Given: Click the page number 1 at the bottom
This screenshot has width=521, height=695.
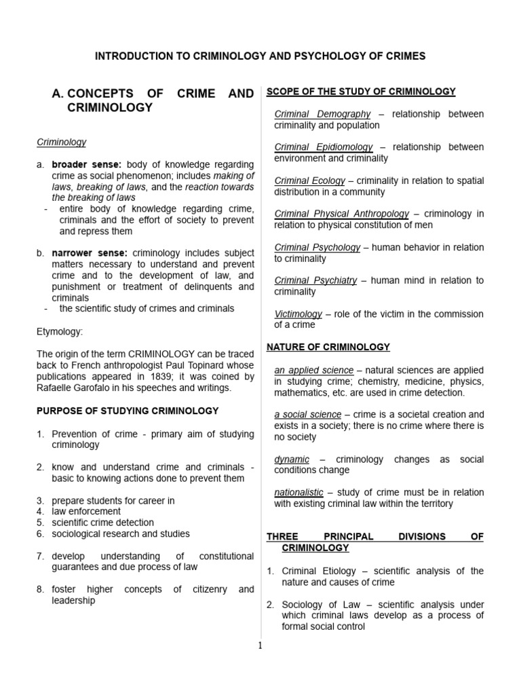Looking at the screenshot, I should pyautogui.click(x=260, y=645).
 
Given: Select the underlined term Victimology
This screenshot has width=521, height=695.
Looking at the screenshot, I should pyautogui.click(x=298, y=314).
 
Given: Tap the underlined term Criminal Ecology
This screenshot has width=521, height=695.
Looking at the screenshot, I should pyautogui.click(x=309, y=181).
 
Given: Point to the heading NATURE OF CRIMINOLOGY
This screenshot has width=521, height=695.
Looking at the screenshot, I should pyautogui.click(x=328, y=347).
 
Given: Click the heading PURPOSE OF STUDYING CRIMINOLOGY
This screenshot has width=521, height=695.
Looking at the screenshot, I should pyautogui.click(x=128, y=411).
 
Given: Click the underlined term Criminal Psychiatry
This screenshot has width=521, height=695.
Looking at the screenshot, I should pyautogui.click(x=315, y=280).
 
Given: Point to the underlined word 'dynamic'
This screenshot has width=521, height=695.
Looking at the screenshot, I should pyautogui.click(x=292, y=459).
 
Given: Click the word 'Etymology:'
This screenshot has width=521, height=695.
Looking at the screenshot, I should pyautogui.click(x=60, y=333).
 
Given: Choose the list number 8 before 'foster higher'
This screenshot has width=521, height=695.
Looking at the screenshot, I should pyautogui.click(x=40, y=589).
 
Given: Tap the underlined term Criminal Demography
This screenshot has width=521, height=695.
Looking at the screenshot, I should pyautogui.click(x=322, y=114).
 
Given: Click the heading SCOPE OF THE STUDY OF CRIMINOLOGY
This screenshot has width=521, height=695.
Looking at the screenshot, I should pyautogui.click(x=361, y=92).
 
